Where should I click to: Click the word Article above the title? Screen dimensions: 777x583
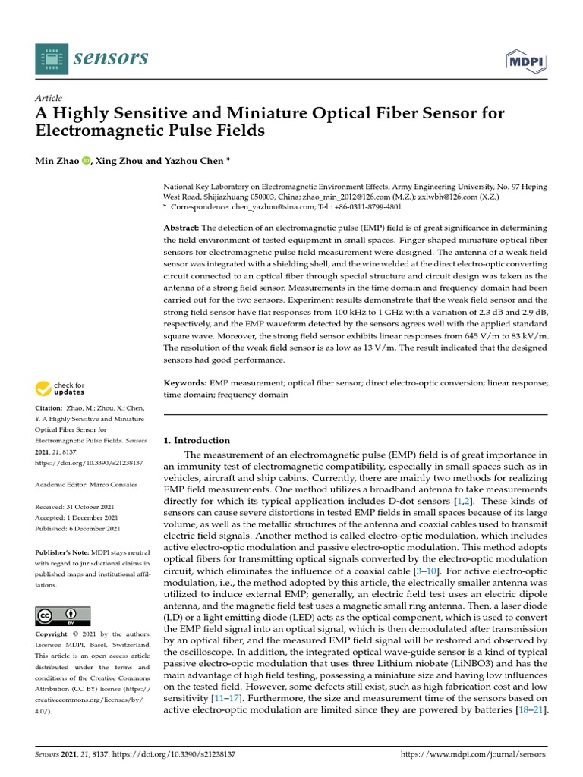(49, 99)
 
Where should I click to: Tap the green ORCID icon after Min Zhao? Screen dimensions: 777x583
(85, 161)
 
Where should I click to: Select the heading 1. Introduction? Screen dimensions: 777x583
(197, 440)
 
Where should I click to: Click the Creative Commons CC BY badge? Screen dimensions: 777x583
(63, 615)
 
